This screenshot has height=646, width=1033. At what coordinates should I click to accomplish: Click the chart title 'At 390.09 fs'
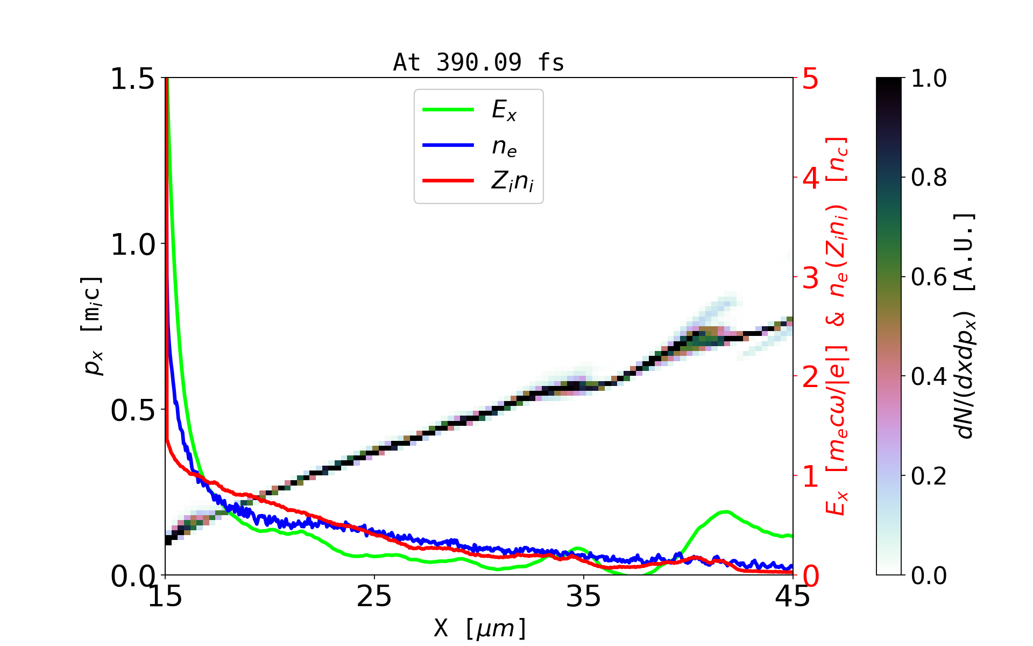478,62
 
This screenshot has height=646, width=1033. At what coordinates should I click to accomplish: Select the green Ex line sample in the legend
448,110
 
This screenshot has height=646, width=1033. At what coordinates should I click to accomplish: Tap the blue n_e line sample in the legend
448,145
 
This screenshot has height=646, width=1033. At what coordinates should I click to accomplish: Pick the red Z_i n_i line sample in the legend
448,181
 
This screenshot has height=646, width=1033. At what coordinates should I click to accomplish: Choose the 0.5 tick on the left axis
132,411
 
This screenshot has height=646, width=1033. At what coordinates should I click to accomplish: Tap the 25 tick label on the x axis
374,596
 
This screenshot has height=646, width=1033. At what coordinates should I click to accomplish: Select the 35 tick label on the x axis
584,596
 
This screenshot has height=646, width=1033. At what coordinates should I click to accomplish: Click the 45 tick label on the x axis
793,596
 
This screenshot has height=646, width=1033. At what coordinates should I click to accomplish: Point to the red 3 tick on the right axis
811,278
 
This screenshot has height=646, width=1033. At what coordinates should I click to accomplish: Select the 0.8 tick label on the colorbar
929,177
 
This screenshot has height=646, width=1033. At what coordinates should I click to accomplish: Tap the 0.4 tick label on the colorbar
929,376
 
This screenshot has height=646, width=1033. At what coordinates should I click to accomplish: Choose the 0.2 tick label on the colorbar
929,476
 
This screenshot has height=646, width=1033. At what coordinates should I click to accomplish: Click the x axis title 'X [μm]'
480,628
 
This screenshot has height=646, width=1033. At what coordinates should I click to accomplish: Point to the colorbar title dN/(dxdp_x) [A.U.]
966,326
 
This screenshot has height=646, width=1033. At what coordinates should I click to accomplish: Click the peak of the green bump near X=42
725,511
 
